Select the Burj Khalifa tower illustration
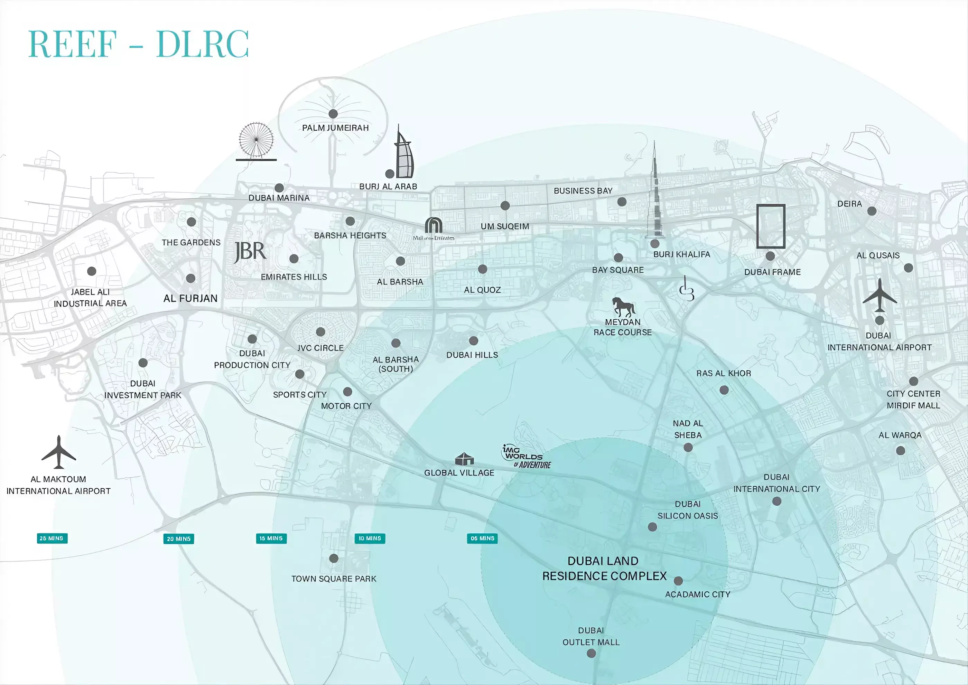(654, 194)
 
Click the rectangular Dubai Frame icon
(771, 226)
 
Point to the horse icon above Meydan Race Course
(623, 306)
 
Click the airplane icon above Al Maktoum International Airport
(59, 452)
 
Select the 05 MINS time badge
(482, 538)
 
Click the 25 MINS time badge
(52, 538)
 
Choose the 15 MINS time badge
(271, 538)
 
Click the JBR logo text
(250, 252)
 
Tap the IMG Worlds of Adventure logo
(526, 457)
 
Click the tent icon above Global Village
(464, 459)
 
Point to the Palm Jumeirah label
(335, 128)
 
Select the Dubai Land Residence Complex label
(604, 568)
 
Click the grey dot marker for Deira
(872, 211)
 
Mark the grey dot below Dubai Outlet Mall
(591, 653)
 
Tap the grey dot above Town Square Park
(334, 559)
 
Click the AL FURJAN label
(190, 299)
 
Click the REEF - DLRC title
(138, 44)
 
